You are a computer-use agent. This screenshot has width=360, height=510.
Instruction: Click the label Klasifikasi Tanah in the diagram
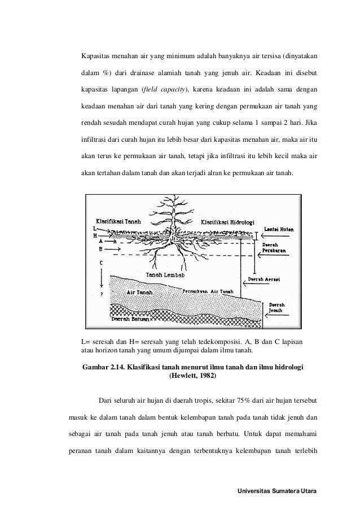118,221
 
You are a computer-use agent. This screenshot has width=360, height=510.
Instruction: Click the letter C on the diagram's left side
100,263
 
